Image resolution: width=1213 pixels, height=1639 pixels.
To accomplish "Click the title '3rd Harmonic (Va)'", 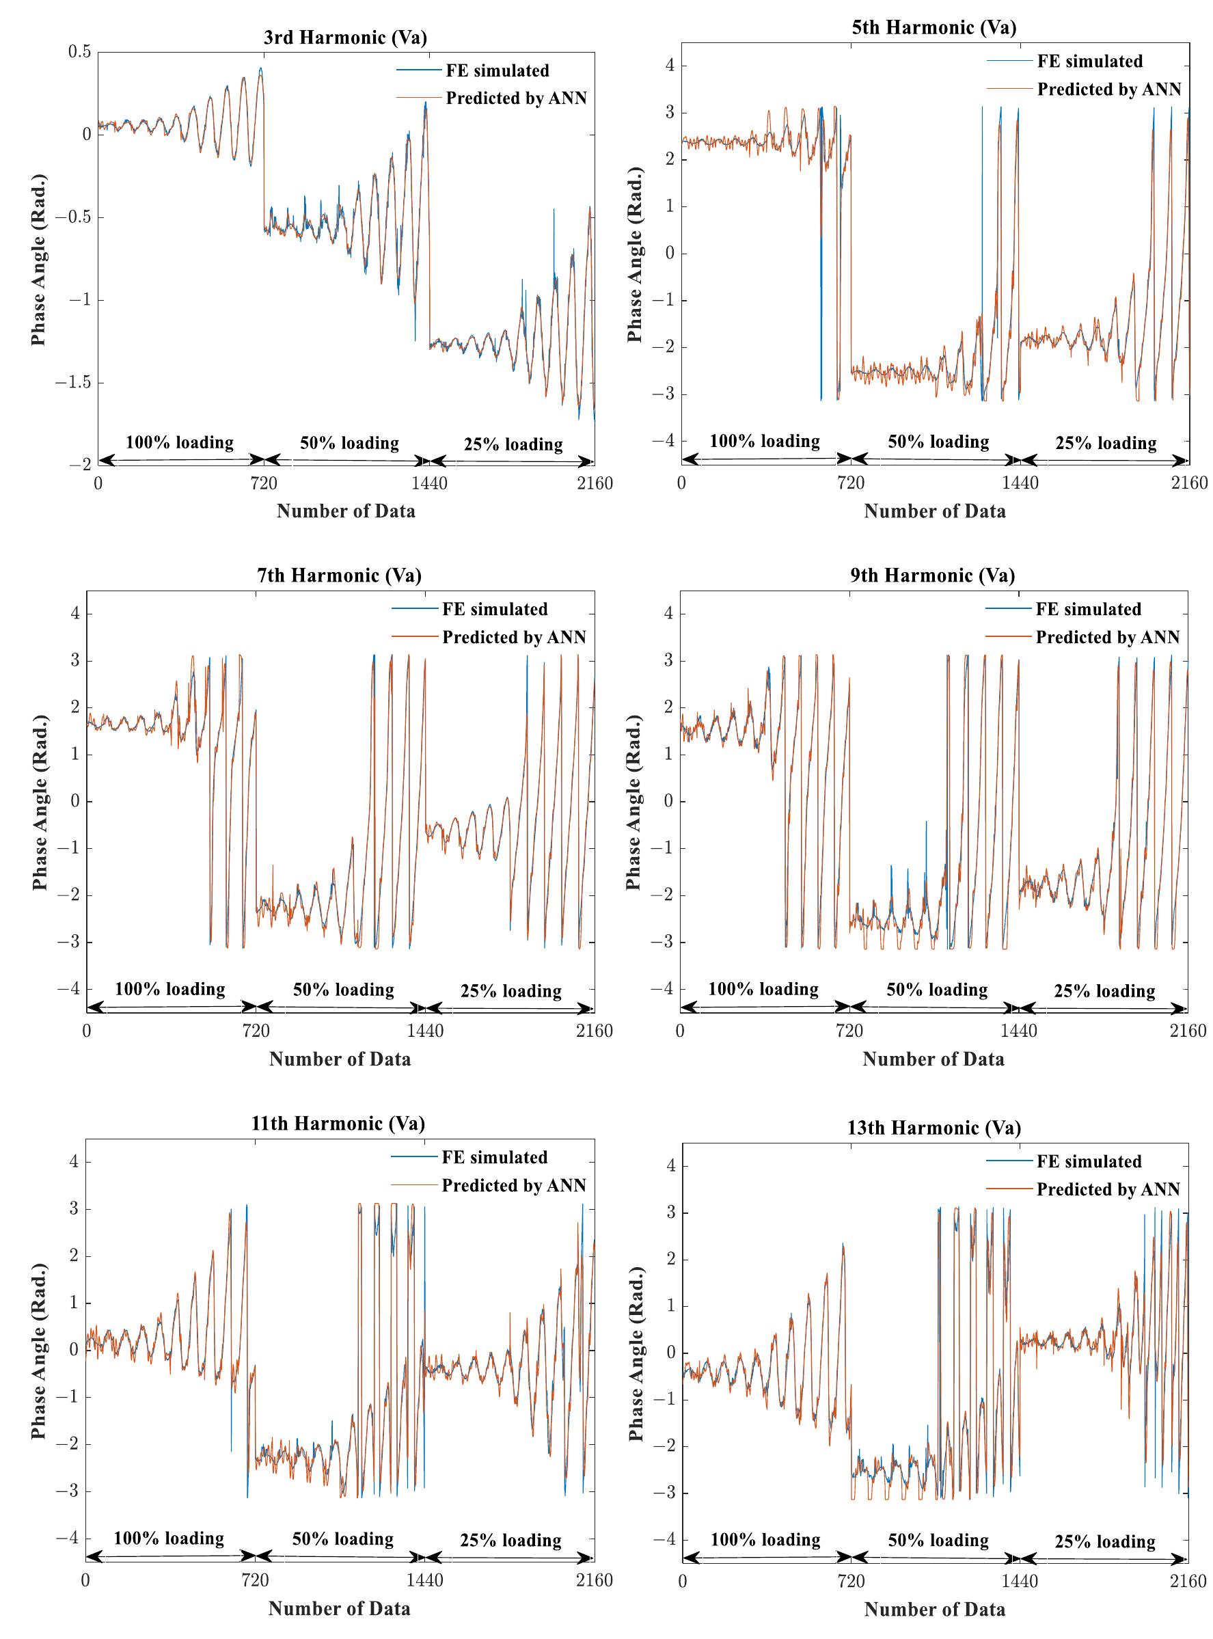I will click(x=345, y=38).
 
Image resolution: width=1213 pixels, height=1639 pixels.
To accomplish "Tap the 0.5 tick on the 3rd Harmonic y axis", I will click(x=79, y=52).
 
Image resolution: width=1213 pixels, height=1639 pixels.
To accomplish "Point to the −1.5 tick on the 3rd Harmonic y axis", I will click(x=72, y=383).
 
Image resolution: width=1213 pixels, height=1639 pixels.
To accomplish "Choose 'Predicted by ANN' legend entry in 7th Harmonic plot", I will click(x=513, y=638).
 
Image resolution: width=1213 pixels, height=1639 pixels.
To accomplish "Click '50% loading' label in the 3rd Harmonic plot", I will click(x=349, y=443).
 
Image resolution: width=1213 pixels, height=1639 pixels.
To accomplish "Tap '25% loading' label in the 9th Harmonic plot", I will click(x=1104, y=991).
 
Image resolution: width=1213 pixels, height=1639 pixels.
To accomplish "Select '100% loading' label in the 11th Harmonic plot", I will click(x=168, y=1539).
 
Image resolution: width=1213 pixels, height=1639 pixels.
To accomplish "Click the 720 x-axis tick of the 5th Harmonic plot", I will click(x=851, y=483).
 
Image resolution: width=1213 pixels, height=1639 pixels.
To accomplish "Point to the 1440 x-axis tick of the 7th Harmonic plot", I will click(x=425, y=1030).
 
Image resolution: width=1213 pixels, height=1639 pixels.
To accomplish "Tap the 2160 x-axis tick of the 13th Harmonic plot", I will click(x=1187, y=1580).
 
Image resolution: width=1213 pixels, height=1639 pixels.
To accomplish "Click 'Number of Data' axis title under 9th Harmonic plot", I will click(x=933, y=1059).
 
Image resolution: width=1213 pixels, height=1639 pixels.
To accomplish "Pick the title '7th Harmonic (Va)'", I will click(x=339, y=575).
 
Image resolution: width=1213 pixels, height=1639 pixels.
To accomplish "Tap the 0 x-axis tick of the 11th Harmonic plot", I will click(x=86, y=1580).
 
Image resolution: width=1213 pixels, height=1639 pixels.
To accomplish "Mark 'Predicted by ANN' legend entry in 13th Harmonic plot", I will click(x=1107, y=1189).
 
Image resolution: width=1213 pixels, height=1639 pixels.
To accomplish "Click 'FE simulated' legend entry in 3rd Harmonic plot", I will click(x=497, y=71).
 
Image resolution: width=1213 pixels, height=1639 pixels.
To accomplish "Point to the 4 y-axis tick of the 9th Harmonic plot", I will click(x=668, y=614).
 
